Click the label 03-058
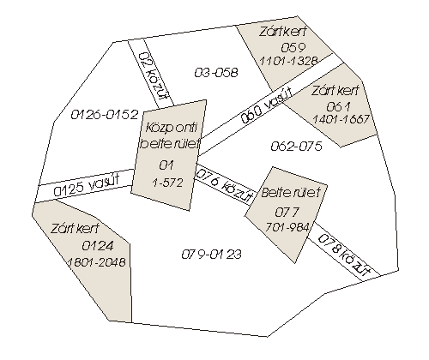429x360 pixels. tap(216, 72)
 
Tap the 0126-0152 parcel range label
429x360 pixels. tap(105, 115)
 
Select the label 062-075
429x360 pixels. tap(296, 147)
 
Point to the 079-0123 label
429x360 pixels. tap(212, 254)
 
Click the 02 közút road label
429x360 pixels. tap(154, 76)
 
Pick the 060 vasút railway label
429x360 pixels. tap(267, 105)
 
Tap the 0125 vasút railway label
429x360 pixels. tap(87, 186)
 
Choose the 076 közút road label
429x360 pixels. tap(225, 185)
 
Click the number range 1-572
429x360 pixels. tap(167, 183)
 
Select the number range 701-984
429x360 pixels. tap(287, 227)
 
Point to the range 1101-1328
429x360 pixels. tap(288, 61)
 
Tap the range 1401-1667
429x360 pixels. tap(341, 119)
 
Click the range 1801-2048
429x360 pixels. tap(96, 262)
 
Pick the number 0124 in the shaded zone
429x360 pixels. tap(98, 246)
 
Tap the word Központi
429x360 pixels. tap(172, 128)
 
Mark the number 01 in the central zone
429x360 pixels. tap(166, 165)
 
